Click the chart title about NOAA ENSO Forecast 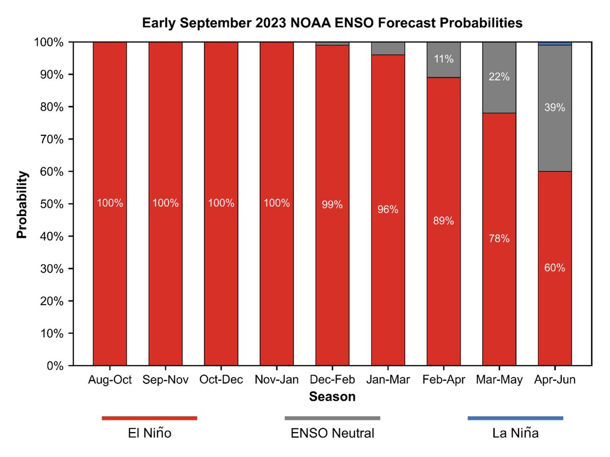pyautogui.click(x=332, y=23)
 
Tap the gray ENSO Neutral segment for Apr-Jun pyautogui.click(x=555, y=137)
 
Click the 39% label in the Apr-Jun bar pyautogui.click(x=555, y=108)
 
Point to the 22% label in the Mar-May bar pyautogui.click(x=499, y=77)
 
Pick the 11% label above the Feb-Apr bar pyautogui.click(x=443, y=59)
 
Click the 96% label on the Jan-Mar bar pyautogui.click(x=388, y=209)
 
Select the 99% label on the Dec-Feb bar pyautogui.click(x=332, y=205)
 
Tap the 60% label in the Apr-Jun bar pyautogui.click(x=555, y=268)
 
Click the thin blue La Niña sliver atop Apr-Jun pyautogui.click(x=555, y=44)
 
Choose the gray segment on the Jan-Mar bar pyautogui.click(x=388, y=48)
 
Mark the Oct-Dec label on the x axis pyautogui.click(x=221, y=380)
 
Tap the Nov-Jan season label pyautogui.click(x=277, y=380)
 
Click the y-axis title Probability pyautogui.click(x=22, y=204)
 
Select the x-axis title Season pyautogui.click(x=332, y=397)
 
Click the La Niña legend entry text pyautogui.click(x=515, y=434)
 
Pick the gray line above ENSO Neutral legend pyautogui.click(x=332, y=418)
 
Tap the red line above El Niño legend pyautogui.click(x=149, y=418)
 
